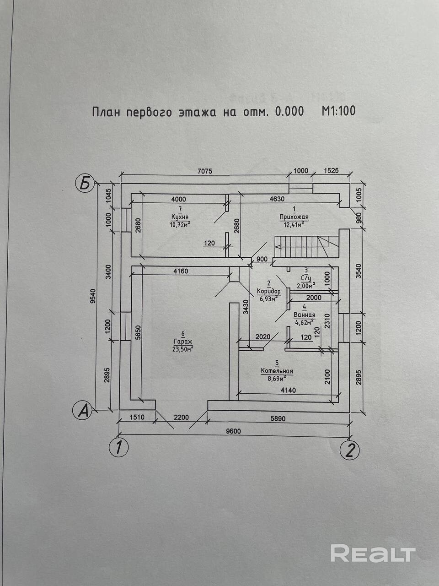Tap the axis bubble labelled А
(x=83, y=410)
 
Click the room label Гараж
(x=183, y=341)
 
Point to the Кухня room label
(x=180, y=217)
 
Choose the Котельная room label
(x=277, y=371)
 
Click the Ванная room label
(x=304, y=315)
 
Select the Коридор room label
(x=268, y=292)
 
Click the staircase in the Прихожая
(x=305, y=247)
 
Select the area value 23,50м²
(x=182, y=348)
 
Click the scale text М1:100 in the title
(x=338, y=111)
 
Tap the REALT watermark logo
(x=372, y=553)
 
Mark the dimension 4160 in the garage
(x=181, y=271)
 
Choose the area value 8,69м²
(x=277, y=378)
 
